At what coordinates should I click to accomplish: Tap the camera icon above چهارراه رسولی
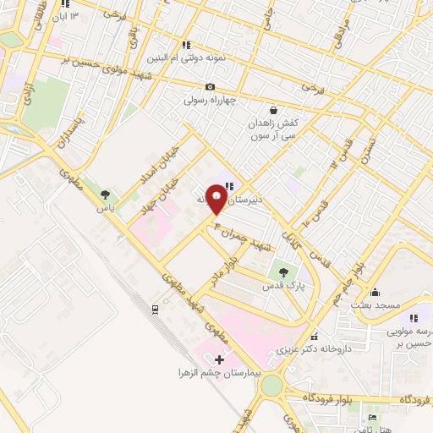210,87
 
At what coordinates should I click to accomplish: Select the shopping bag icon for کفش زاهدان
273,110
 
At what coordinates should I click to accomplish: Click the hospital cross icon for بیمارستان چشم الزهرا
220,360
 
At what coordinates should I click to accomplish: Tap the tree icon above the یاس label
106,194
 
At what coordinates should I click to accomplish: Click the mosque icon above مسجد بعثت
375,292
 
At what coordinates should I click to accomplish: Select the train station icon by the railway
155,310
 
